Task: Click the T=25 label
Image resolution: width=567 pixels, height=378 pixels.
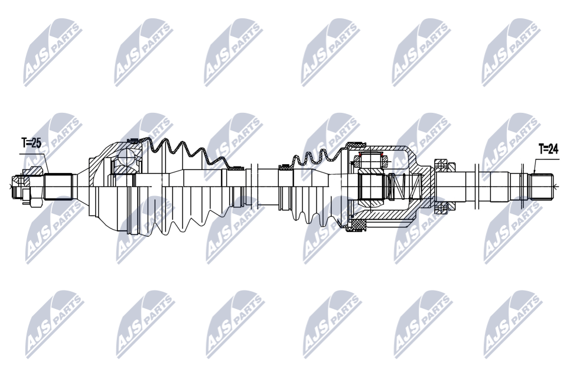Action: pos(31,144)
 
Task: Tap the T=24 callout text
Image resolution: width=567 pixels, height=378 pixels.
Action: pos(549,149)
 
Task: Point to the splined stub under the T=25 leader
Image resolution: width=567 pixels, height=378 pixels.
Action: pos(58,187)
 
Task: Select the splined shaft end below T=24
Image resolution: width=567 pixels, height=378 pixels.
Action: pos(542,186)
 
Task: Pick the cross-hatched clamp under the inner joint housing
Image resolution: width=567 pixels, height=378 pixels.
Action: pos(357,226)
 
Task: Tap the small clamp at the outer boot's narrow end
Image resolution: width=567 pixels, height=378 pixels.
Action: pos(237,168)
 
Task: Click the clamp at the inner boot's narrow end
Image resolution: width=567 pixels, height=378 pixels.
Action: pos(285,167)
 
